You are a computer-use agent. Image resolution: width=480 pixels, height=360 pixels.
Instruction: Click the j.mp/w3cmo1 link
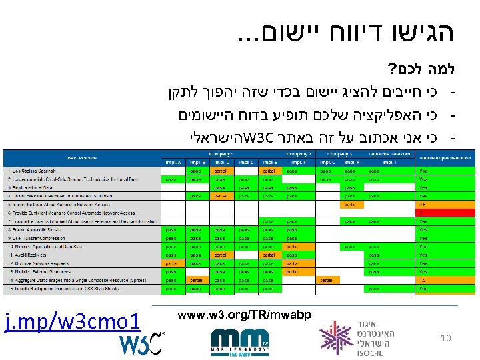[73, 323]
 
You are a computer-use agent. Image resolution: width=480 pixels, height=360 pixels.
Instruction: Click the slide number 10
[446, 339]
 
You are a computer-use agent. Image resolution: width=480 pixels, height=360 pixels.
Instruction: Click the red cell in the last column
[434, 213]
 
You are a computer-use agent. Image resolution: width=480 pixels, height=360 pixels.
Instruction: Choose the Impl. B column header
[196, 162]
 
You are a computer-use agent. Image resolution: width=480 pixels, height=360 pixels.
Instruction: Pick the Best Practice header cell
[80, 158]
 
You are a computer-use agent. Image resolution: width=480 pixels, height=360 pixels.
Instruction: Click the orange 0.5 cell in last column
[434, 205]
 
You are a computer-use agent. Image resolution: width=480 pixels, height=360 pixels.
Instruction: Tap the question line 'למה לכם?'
[416, 69]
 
